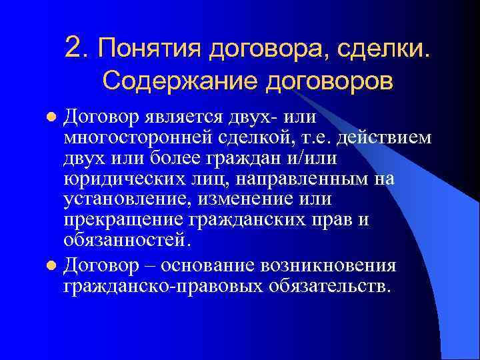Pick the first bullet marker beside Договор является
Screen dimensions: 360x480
click(x=55, y=119)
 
